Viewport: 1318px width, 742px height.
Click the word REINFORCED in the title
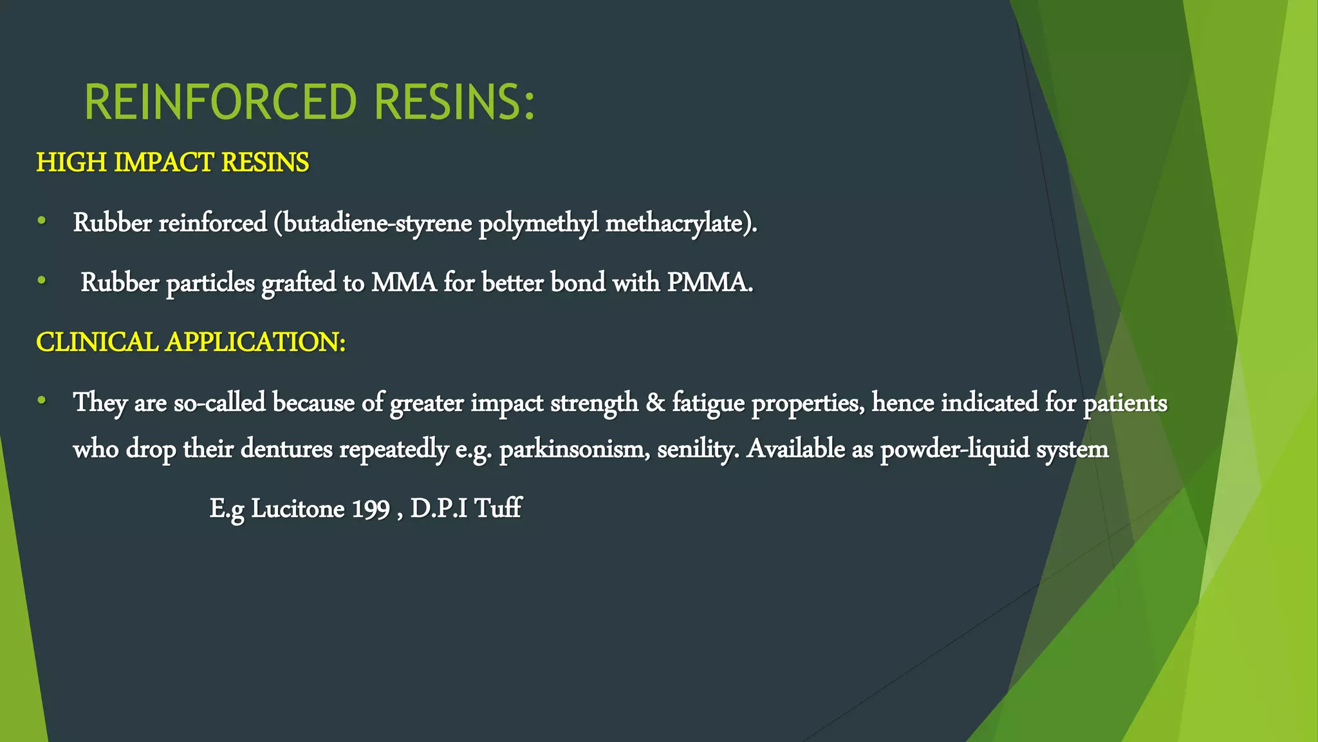click(220, 102)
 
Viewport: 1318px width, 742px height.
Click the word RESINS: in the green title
click(454, 102)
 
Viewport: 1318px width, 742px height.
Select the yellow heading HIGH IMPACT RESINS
click(172, 162)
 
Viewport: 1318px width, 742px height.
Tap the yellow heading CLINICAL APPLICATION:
click(190, 342)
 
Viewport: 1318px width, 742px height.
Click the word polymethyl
click(538, 223)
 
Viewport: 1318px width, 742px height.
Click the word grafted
click(299, 283)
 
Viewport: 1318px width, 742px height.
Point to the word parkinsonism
click(574, 449)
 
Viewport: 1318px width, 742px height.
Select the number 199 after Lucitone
click(371, 509)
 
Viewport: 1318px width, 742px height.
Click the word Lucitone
click(297, 509)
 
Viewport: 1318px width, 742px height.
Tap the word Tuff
click(497, 509)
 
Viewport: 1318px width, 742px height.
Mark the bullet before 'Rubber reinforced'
click(42, 222)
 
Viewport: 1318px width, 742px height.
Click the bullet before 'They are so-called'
click(42, 401)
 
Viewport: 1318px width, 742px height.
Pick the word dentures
click(286, 449)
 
